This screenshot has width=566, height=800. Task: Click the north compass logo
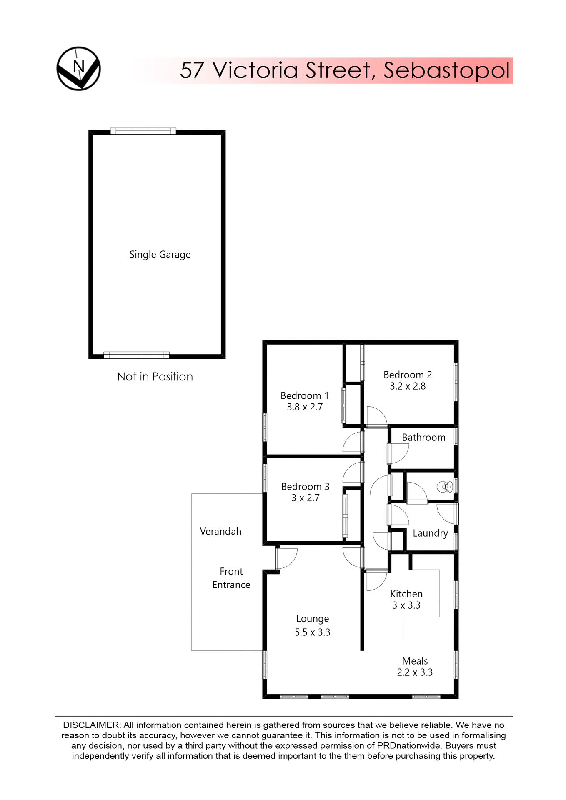(x=78, y=68)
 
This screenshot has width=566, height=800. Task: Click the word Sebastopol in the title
(x=446, y=70)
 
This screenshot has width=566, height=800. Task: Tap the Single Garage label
(x=160, y=254)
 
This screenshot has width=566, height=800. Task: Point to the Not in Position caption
(x=155, y=377)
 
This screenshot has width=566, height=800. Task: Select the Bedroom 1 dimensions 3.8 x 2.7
(x=305, y=407)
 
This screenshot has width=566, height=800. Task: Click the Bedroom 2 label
(x=407, y=375)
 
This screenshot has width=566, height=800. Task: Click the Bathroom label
(x=423, y=437)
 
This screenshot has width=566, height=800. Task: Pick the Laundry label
(x=430, y=533)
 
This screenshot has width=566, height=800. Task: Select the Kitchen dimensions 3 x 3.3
(x=406, y=605)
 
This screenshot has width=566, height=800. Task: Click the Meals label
(x=415, y=661)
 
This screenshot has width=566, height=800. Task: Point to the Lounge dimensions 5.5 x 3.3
(x=312, y=632)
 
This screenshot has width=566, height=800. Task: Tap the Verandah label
(x=220, y=532)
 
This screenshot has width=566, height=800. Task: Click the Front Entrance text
(x=231, y=578)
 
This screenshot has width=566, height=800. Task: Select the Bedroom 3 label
(x=305, y=487)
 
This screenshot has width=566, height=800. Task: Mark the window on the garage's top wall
(x=143, y=131)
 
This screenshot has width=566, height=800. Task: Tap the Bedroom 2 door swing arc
(x=377, y=416)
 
